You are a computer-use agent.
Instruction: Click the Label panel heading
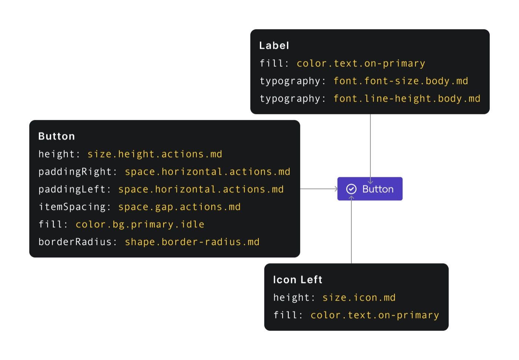point(274,45)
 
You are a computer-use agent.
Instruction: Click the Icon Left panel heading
point(297,280)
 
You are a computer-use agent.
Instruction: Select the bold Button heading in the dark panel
point(56,136)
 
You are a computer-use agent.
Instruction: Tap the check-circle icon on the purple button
point(351,189)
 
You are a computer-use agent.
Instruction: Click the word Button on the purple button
point(378,189)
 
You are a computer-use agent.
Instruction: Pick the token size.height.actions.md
point(155,154)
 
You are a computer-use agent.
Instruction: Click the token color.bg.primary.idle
point(140,224)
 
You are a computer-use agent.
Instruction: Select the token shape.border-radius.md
point(192,242)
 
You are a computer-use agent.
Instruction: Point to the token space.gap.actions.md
point(179,207)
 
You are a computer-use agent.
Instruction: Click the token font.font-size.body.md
point(401,81)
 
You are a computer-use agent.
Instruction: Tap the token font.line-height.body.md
point(407,99)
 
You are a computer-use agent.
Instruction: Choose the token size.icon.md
point(359,297)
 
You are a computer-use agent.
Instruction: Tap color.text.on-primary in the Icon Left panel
point(375,315)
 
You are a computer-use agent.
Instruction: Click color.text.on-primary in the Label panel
point(361,63)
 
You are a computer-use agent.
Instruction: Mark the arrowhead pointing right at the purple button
point(337,189)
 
